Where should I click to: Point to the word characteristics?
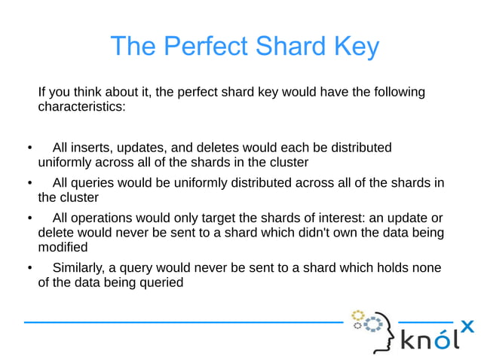pos(81,107)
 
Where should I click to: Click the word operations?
pos(104,218)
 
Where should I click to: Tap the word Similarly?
pos(79,269)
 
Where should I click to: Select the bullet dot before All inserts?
pos(28,148)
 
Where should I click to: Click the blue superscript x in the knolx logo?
pos(467,325)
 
